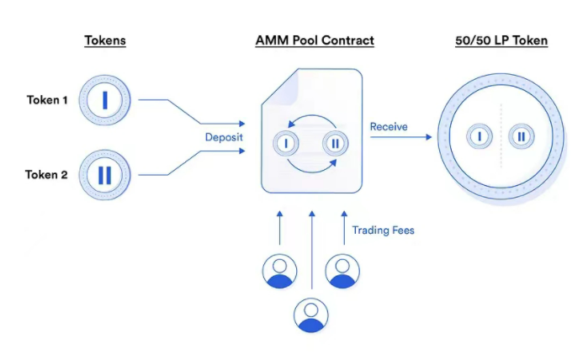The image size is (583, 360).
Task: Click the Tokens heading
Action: tap(105, 40)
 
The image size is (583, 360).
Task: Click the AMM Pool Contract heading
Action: tap(315, 40)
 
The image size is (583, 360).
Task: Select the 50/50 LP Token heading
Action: tap(500, 40)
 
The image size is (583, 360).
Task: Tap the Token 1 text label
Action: tap(47, 100)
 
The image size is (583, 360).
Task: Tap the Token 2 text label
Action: tap(47, 175)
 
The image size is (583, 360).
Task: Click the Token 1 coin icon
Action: tap(105, 100)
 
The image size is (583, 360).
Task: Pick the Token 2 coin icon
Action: tap(105, 175)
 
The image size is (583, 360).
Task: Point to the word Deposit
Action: tap(225, 136)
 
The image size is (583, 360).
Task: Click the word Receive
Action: tap(389, 127)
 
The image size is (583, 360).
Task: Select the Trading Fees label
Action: tap(383, 230)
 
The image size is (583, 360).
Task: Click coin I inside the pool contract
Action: tap(287, 144)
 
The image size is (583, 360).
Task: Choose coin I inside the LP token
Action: tap(478, 136)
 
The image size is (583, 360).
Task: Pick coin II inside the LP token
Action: tap(522, 136)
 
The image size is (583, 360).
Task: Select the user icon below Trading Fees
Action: tap(341, 271)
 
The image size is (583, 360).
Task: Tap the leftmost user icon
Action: tap(279, 271)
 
